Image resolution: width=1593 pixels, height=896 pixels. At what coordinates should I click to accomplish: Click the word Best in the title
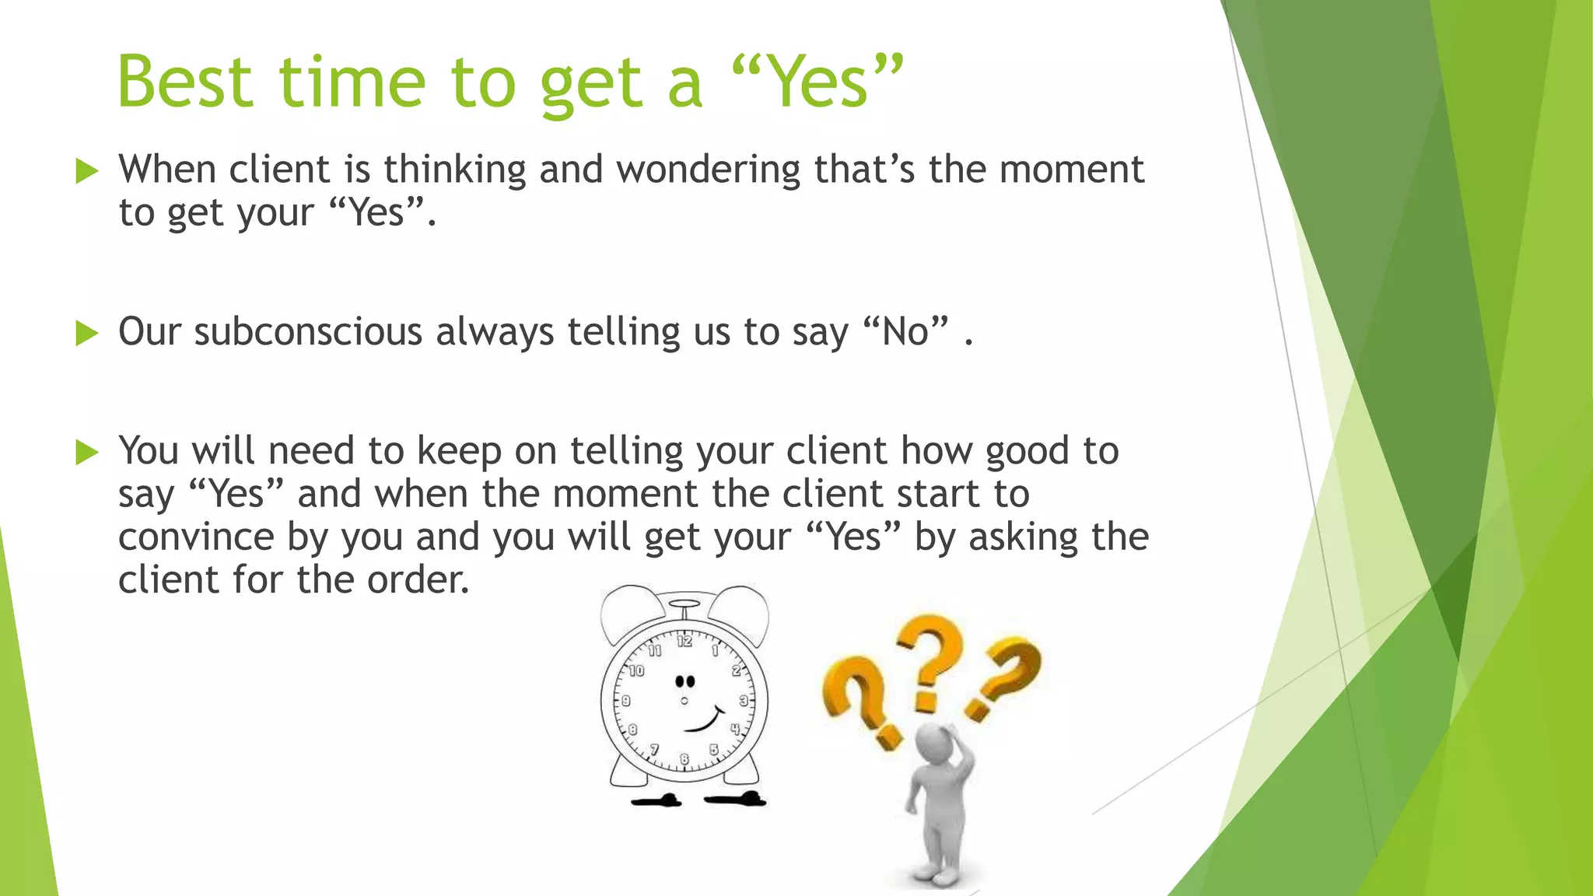pyautogui.click(x=185, y=82)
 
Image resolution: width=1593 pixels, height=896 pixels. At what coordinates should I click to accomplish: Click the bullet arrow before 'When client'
pyautogui.click(x=87, y=171)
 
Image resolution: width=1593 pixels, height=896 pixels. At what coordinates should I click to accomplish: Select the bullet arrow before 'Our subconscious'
pyautogui.click(x=87, y=334)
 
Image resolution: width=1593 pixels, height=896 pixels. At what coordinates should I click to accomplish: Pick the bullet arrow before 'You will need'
pyautogui.click(x=87, y=452)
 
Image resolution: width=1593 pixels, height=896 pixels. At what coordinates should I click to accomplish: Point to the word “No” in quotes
pyautogui.click(x=906, y=332)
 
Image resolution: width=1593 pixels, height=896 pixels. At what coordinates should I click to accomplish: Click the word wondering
pyautogui.click(x=708, y=170)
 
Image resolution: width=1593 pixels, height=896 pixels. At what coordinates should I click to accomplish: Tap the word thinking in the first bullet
pyautogui.click(x=454, y=170)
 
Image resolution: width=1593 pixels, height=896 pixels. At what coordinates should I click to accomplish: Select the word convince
pyautogui.click(x=196, y=537)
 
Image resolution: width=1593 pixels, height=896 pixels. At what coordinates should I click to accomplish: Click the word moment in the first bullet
pyautogui.click(x=1071, y=170)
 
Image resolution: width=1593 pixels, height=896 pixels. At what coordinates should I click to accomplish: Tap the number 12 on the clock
pyautogui.click(x=684, y=642)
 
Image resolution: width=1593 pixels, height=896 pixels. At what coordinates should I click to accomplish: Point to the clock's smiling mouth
pyautogui.click(x=705, y=721)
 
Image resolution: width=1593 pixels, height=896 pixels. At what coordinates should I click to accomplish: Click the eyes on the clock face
pyautogui.click(x=684, y=682)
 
